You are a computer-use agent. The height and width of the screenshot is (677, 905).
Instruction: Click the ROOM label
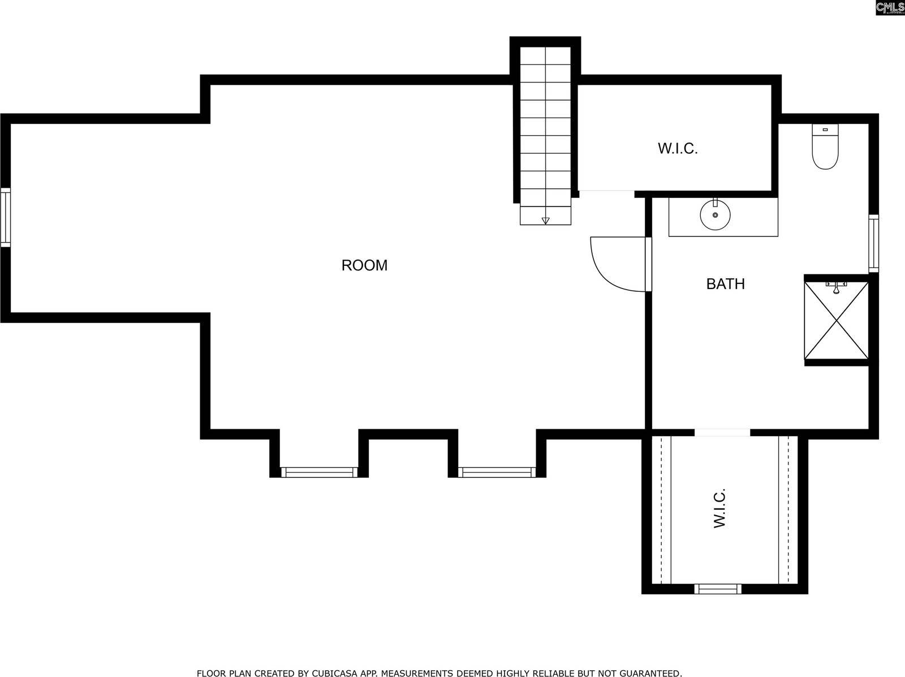pyautogui.click(x=364, y=265)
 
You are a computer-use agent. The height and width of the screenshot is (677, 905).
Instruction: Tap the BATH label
pyautogui.click(x=725, y=284)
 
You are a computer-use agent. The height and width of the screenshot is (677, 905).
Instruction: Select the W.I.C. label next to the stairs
pyautogui.click(x=678, y=149)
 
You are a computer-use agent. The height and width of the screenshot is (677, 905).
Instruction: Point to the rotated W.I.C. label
pyautogui.click(x=719, y=508)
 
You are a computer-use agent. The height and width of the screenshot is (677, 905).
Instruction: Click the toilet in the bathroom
pyautogui.click(x=825, y=148)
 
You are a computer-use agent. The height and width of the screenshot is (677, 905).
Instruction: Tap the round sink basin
pyautogui.click(x=715, y=215)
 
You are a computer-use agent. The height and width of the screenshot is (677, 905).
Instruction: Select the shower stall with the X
pyautogui.click(x=836, y=320)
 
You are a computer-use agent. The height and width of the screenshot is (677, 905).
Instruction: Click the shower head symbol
pyautogui.click(x=835, y=287)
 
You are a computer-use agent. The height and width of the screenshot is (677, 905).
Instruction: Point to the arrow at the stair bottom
pyautogui.click(x=545, y=220)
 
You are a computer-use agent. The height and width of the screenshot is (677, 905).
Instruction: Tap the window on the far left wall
pyautogui.click(x=5, y=217)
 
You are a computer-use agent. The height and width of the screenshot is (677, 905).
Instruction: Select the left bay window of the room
pyautogui.click(x=320, y=472)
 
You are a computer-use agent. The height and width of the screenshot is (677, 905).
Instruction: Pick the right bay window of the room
pyautogui.click(x=497, y=472)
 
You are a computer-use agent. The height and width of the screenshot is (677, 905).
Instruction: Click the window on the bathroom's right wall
pyautogui.click(x=874, y=243)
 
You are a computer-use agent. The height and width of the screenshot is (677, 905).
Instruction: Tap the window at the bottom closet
pyautogui.click(x=718, y=589)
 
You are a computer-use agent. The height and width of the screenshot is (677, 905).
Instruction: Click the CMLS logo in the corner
pyautogui.click(x=889, y=7)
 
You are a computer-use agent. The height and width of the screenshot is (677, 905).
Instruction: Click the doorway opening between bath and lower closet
pyautogui.click(x=722, y=433)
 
